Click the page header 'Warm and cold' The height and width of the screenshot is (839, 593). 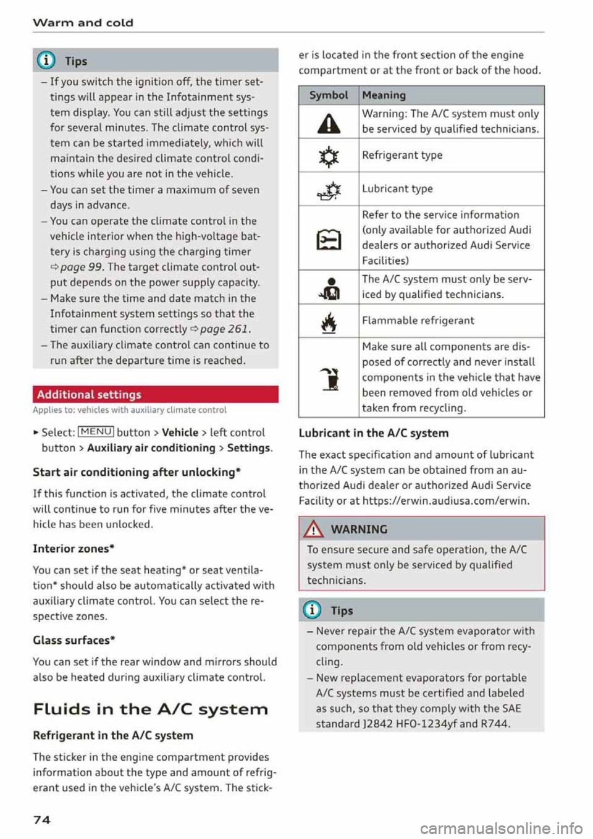coord(83,23)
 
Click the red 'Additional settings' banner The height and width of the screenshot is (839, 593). coord(155,394)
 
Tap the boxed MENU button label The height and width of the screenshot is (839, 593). coord(96,432)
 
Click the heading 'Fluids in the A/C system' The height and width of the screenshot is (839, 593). coord(151,709)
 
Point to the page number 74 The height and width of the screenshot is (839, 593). coord(41,819)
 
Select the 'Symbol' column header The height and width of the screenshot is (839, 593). coord(329,95)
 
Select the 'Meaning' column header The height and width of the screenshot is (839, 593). coord(384,95)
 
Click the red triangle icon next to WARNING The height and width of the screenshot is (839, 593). coord(314,529)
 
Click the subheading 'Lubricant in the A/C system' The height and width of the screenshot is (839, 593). coord(374,433)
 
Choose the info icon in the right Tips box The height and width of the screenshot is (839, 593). coord(313,610)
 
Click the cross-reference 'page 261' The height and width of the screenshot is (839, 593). coord(225,329)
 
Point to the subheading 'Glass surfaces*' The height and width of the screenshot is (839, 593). coord(74,640)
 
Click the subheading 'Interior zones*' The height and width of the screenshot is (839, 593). coord(74,549)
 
